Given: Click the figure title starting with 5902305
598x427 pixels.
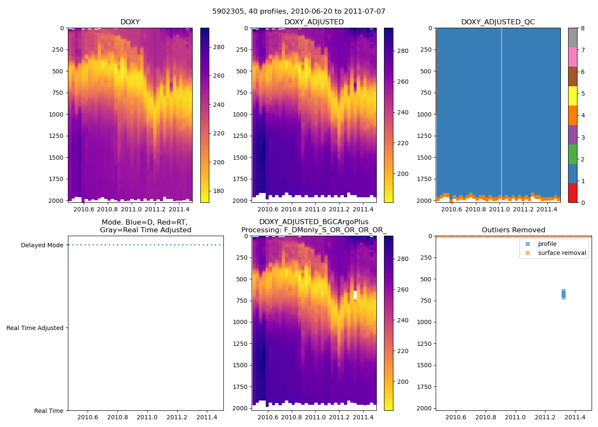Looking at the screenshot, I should click(299, 12).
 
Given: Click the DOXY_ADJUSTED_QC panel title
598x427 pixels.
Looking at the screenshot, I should click(498, 22).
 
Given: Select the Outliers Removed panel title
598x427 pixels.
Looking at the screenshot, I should click(513, 230).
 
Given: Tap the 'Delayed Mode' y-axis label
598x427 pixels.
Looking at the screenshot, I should click(42, 245).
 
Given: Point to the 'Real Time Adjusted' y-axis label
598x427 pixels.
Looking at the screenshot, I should click(35, 328).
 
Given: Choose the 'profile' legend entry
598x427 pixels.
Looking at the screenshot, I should click(547, 244).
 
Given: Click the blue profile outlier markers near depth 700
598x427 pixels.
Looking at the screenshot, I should click(563, 294).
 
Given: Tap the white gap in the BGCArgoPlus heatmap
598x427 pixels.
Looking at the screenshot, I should click(355, 295).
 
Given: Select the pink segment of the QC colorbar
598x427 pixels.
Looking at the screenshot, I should click(572, 57).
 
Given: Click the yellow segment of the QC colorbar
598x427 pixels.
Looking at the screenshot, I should click(572, 96).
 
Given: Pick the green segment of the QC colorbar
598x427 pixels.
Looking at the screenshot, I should click(572, 154).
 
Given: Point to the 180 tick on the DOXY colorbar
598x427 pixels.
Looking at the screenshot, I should click(219, 191).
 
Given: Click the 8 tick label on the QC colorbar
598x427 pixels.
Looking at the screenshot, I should click(583, 28).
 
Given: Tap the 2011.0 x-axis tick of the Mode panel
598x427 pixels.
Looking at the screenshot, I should click(147, 417).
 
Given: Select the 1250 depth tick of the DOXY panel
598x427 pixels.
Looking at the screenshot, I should click(56, 136).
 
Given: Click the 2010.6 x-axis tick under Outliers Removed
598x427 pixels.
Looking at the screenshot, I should click(456, 417).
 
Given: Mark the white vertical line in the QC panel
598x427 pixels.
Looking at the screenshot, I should click(501, 111).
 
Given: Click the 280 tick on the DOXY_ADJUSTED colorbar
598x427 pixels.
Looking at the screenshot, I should click(403, 51).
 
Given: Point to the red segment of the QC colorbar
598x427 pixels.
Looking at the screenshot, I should click(572, 193).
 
